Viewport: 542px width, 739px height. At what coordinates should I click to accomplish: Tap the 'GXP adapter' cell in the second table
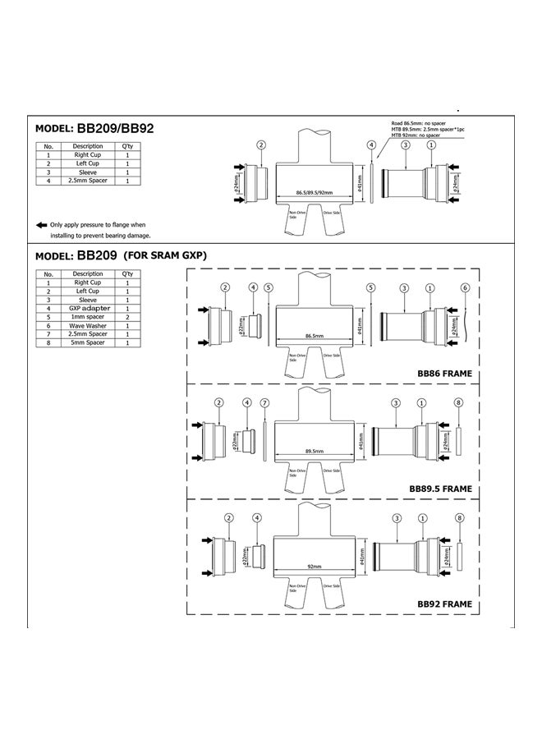tap(88, 308)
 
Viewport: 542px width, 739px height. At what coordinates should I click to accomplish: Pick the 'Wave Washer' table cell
tap(88, 325)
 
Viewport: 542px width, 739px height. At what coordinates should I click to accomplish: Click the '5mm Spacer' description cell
tap(88, 342)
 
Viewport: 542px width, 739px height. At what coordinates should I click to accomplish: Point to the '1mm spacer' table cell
tap(88, 317)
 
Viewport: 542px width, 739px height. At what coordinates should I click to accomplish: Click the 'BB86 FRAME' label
tap(444, 374)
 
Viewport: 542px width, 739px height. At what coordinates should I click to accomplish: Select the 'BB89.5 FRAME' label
tap(440, 489)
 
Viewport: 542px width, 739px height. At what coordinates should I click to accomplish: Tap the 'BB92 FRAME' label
tap(444, 604)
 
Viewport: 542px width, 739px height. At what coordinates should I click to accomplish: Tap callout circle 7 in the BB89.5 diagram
tap(264, 402)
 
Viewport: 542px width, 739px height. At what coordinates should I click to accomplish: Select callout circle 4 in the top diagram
tap(371, 145)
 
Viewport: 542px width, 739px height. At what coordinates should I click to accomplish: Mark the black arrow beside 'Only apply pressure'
tap(41, 224)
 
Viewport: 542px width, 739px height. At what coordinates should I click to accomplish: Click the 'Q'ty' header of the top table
tap(127, 146)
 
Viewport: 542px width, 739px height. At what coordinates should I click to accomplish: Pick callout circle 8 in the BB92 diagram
tap(458, 517)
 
